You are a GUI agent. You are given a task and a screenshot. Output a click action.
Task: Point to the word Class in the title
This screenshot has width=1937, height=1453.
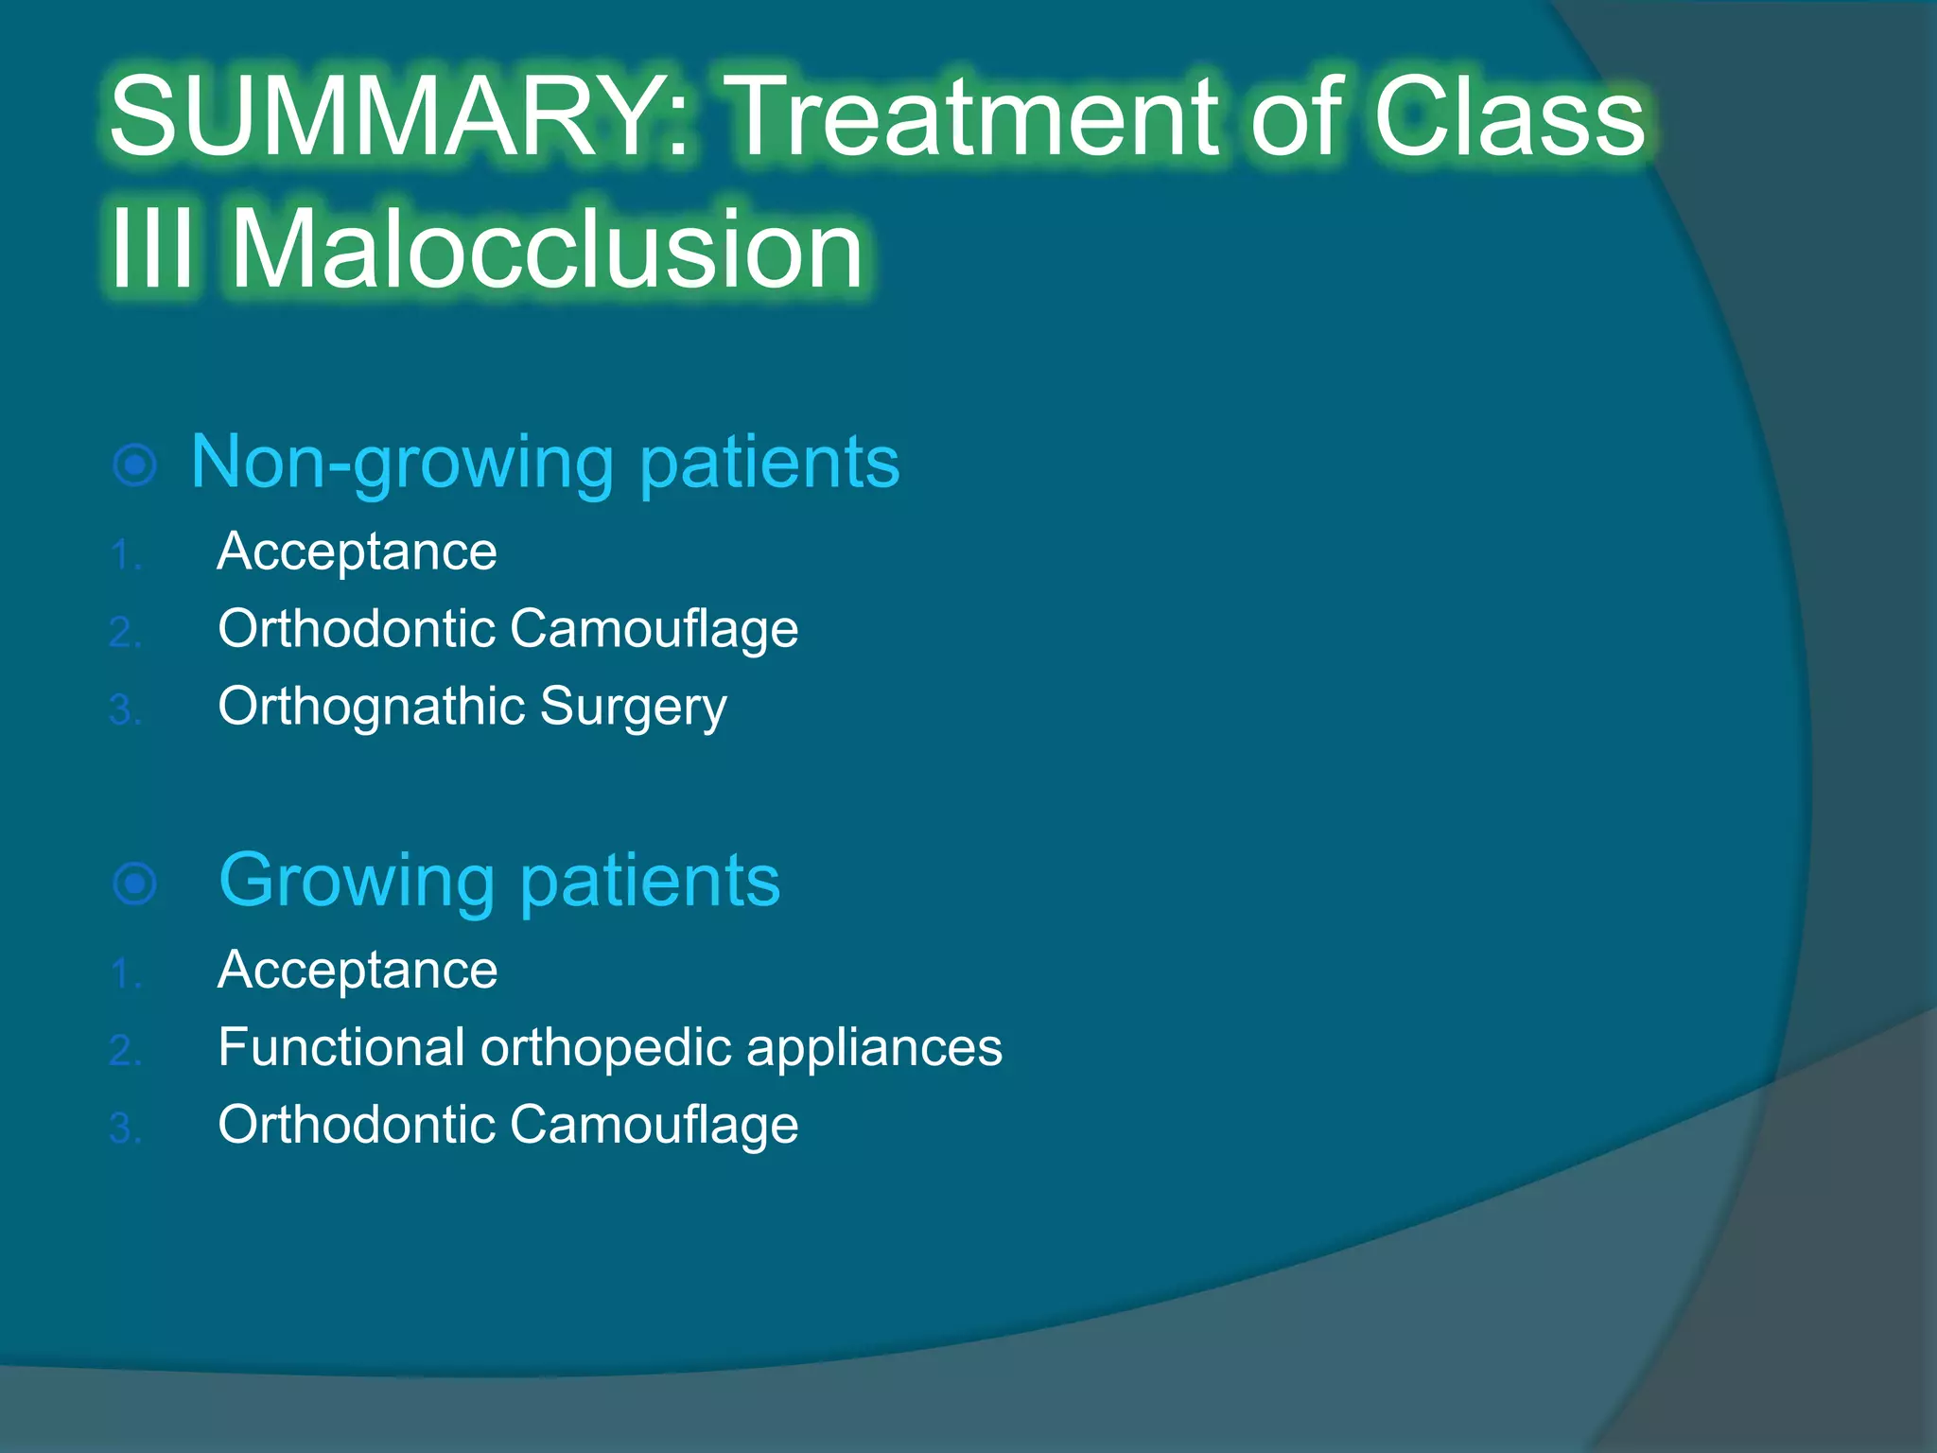tap(1509, 117)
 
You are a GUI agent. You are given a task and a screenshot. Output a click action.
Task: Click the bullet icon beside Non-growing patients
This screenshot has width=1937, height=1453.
tap(134, 464)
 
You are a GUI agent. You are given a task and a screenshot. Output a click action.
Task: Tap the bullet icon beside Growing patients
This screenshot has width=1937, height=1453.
tap(134, 884)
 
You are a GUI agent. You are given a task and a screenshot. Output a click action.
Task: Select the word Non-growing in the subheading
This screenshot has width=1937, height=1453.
tap(402, 463)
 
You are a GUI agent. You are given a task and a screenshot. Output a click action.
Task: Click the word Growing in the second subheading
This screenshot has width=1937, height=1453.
tap(357, 882)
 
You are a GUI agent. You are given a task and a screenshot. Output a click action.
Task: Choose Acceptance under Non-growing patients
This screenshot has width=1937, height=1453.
tap(357, 551)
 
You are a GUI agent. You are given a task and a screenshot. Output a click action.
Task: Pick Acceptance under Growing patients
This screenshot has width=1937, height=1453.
tap(357, 971)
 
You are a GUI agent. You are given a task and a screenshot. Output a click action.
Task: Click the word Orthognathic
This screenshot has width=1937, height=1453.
tap(371, 708)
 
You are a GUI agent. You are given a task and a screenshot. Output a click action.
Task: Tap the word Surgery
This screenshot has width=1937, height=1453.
tap(634, 708)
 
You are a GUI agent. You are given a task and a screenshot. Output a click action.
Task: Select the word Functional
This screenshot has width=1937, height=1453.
tap(341, 1048)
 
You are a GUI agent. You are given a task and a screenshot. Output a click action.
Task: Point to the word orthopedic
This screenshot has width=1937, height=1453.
tap(606, 1048)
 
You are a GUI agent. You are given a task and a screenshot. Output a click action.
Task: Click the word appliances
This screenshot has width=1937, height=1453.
tap(874, 1048)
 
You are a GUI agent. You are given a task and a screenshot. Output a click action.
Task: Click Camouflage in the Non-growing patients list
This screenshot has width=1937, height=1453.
tap(654, 630)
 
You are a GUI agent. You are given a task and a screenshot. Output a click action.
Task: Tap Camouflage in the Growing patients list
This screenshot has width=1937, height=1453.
tap(654, 1126)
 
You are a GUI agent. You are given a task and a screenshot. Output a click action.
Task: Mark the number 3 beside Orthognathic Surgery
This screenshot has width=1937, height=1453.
tap(121, 710)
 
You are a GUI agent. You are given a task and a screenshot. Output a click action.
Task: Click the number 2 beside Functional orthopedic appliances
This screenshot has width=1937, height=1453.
tap(121, 1051)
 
